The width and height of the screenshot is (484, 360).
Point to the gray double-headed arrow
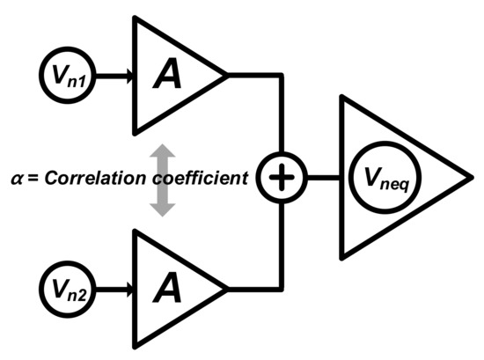159,179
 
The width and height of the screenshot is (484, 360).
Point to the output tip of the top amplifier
227,76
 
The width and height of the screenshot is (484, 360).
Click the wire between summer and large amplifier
320,179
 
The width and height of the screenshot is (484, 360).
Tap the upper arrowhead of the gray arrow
159,151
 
